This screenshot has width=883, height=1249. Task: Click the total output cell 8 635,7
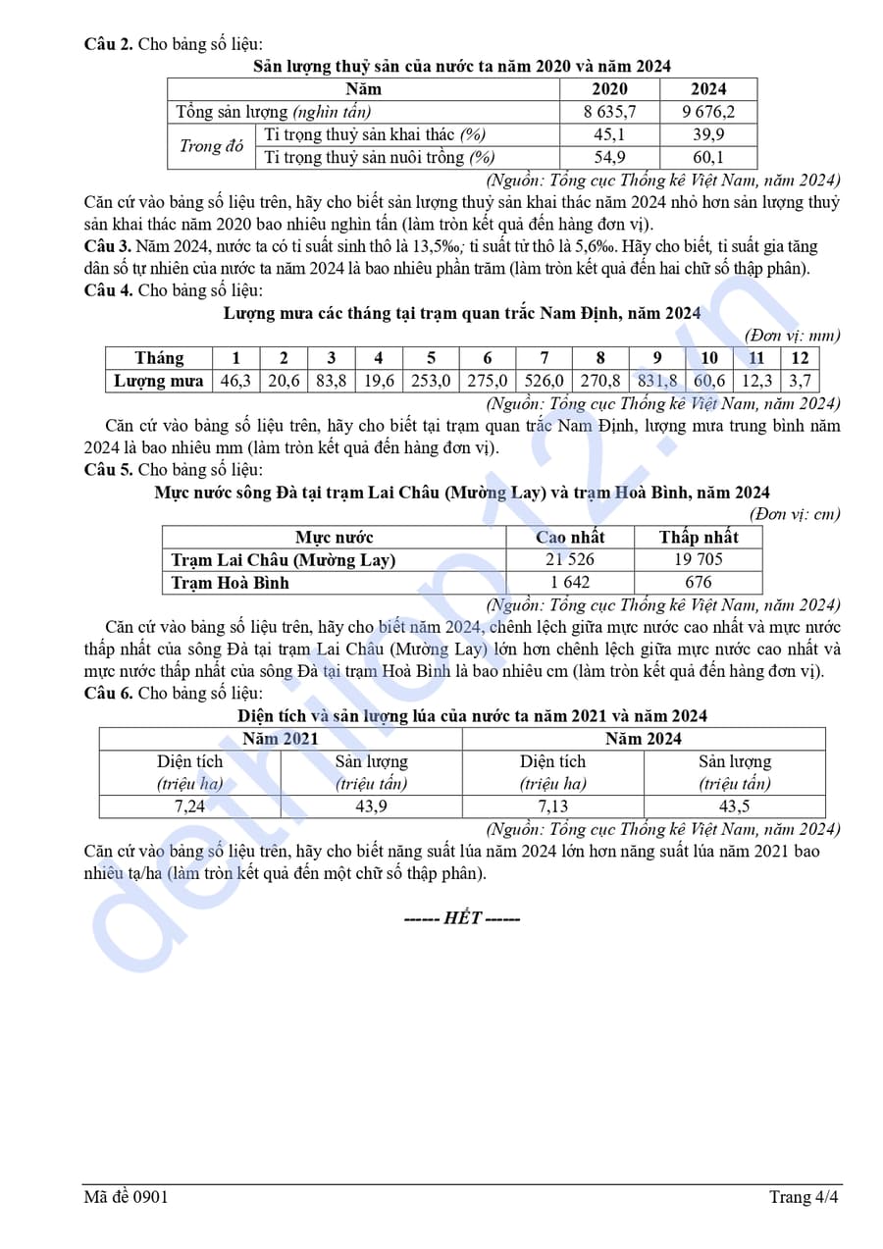tap(609, 112)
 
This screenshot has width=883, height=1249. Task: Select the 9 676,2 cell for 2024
tap(708, 112)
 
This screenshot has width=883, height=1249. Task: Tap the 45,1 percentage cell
tap(609, 134)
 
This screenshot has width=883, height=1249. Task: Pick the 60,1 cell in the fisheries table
tap(708, 157)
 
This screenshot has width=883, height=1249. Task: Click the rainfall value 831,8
tap(656, 381)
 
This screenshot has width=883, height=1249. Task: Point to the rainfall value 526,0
tap(545, 381)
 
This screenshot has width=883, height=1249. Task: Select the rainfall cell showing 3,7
tap(800, 381)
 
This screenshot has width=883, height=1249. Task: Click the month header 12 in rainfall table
tap(800, 358)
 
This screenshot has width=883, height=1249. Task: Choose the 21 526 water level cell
tap(571, 559)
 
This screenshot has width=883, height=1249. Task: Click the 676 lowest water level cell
tap(698, 582)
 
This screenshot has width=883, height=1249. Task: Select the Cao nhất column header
tap(571, 537)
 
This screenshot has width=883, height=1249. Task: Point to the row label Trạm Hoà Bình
tap(231, 582)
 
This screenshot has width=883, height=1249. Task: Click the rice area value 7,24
tap(189, 807)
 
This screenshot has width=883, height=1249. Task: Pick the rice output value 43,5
tap(734, 807)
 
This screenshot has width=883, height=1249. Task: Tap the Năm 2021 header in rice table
tap(281, 739)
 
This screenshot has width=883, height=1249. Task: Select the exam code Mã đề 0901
tap(126, 1197)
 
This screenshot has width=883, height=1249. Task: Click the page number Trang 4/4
tap(804, 1197)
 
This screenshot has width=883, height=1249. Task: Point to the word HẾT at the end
tap(462, 918)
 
